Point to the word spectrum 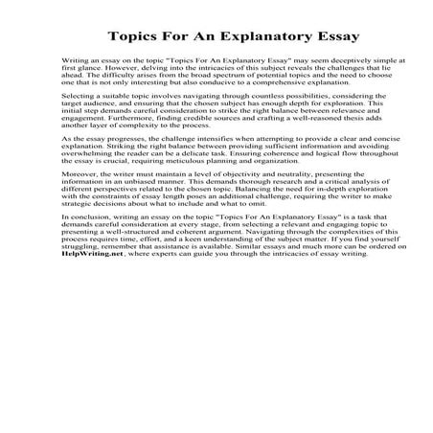tap(218, 103)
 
